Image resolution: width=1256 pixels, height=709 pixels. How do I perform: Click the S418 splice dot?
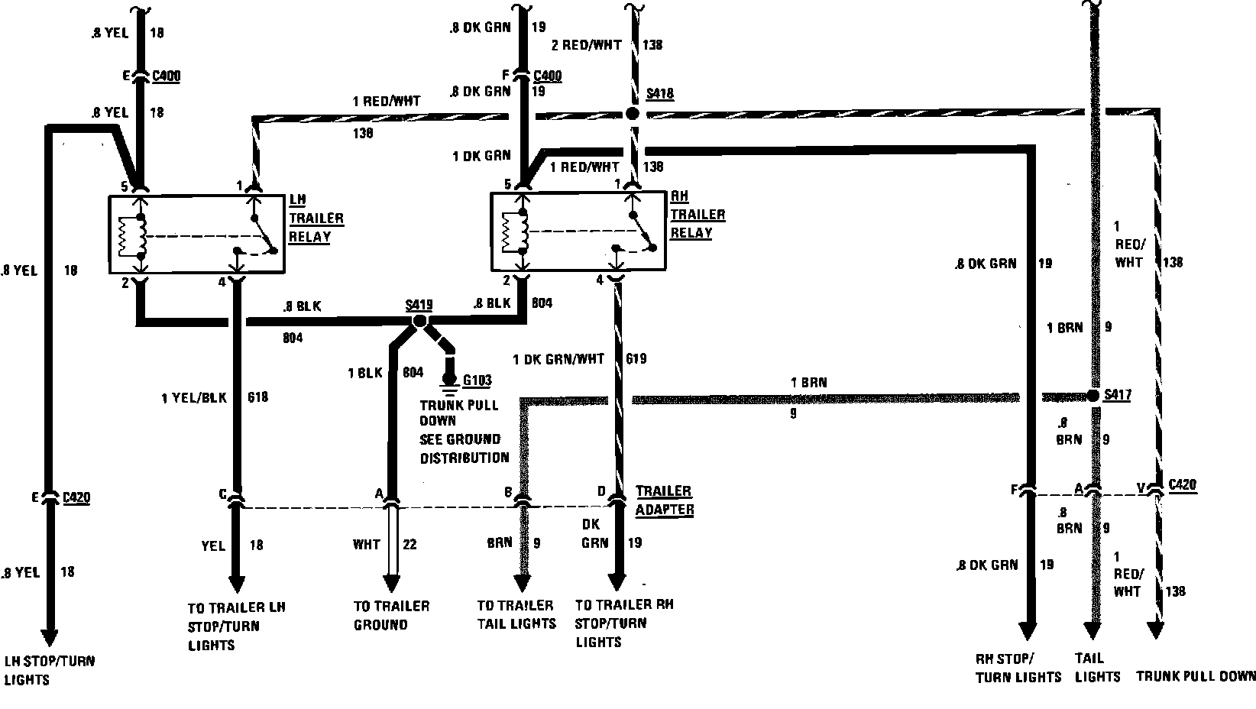click(632, 114)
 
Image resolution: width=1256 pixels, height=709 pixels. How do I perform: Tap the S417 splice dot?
click(1093, 395)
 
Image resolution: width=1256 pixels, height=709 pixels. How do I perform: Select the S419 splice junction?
click(419, 322)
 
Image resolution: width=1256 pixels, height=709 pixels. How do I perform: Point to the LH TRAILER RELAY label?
click(316, 218)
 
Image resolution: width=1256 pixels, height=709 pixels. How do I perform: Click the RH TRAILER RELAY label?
click(697, 215)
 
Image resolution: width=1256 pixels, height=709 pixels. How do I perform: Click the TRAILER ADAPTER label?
click(664, 500)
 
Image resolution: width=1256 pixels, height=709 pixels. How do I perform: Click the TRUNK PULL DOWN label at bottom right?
click(1196, 676)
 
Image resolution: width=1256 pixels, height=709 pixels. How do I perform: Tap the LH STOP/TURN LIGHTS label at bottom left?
click(50, 670)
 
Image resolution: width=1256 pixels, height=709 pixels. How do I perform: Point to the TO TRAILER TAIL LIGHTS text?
click(516, 614)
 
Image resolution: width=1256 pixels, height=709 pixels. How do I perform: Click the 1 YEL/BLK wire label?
click(193, 397)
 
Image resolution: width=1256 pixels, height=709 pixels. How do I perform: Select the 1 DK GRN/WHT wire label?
click(558, 358)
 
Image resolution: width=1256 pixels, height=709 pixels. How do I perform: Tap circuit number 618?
click(258, 397)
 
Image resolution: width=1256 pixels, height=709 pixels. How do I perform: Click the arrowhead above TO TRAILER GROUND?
click(391, 584)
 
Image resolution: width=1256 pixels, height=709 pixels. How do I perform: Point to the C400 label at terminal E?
click(166, 76)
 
